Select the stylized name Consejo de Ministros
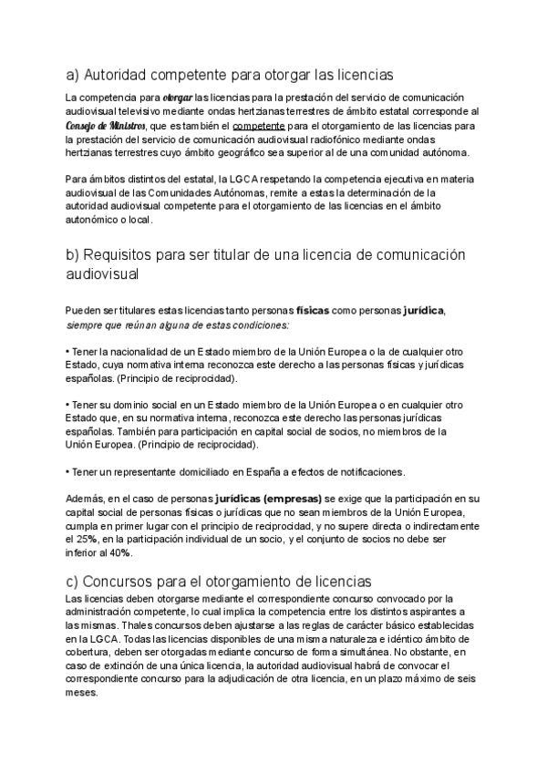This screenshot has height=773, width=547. click(x=103, y=125)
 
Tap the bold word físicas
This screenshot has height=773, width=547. click(x=313, y=311)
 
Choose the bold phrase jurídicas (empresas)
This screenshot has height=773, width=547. click(x=269, y=500)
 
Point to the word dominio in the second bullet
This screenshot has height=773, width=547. click(x=137, y=404)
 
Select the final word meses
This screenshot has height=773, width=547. click(x=82, y=692)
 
